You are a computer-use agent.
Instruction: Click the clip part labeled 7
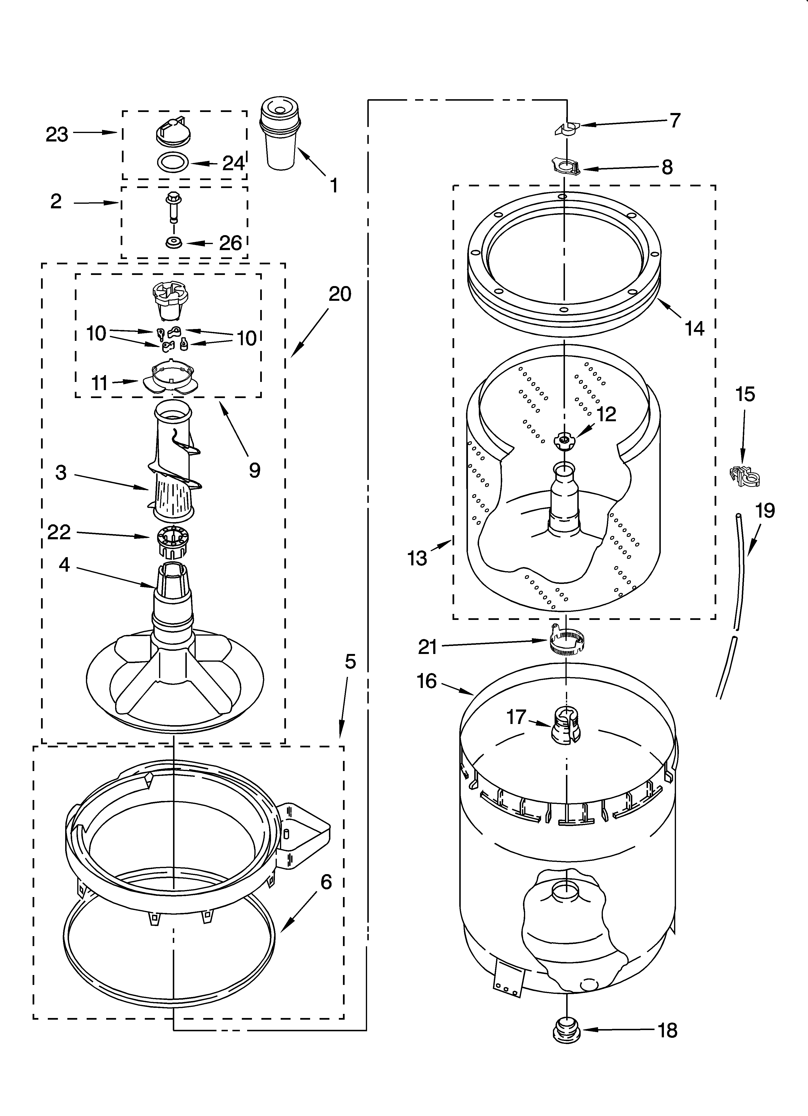tap(567, 129)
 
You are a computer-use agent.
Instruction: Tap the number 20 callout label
tap(340, 294)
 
